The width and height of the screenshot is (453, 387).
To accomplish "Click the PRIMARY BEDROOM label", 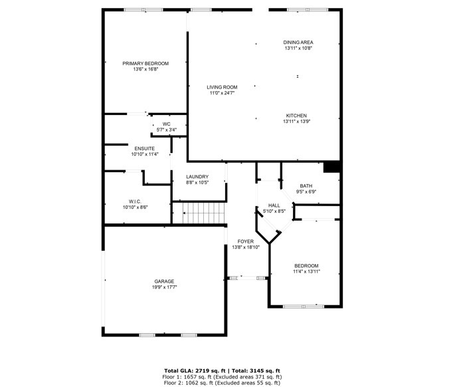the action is pyautogui.click(x=145, y=64).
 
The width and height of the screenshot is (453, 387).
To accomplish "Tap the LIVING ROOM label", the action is pyautogui.click(x=222, y=87).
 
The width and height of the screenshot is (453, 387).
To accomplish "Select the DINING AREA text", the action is pyautogui.click(x=298, y=43).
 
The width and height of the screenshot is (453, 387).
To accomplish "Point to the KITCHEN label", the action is pyautogui.click(x=296, y=116).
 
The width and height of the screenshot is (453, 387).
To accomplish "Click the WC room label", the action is pyautogui.click(x=167, y=124).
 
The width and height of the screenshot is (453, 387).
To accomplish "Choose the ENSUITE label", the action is pyautogui.click(x=145, y=149).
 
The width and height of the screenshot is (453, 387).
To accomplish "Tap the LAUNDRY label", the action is pyautogui.click(x=197, y=177).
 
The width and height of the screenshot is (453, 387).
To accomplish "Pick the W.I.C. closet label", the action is pyautogui.click(x=135, y=201).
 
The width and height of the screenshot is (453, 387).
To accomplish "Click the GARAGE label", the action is pyautogui.click(x=164, y=281).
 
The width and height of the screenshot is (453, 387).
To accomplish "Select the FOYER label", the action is pyautogui.click(x=246, y=241).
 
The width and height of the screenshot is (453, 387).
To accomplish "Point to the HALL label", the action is pyautogui.click(x=274, y=205).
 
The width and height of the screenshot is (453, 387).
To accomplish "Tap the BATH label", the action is pyautogui.click(x=306, y=186).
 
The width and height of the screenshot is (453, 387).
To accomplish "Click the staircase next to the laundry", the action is pyautogui.click(x=203, y=213).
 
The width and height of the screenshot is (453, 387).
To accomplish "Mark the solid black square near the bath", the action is pyautogui.click(x=331, y=167).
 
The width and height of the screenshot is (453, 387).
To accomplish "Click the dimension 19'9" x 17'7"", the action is pyautogui.click(x=164, y=287).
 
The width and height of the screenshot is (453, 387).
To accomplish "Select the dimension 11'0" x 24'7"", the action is pyautogui.click(x=222, y=93).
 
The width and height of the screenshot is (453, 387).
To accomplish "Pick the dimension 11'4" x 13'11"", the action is pyautogui.click(x=306, y=271).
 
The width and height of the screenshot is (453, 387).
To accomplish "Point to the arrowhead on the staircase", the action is pyautogui.click(x=184, y=213).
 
